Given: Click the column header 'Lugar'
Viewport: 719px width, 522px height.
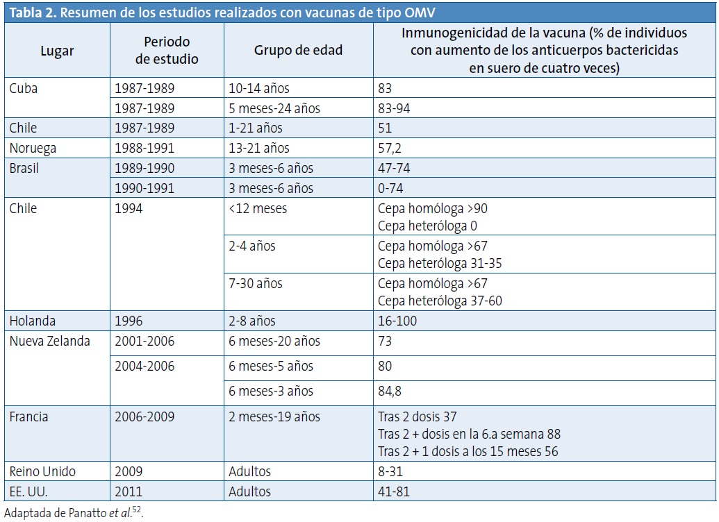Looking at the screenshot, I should point(57,51).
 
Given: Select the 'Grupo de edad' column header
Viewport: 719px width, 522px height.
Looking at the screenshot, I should point(298,51).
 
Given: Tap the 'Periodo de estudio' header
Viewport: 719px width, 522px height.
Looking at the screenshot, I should point(167,51).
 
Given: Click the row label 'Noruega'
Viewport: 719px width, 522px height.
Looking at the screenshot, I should point(33,148).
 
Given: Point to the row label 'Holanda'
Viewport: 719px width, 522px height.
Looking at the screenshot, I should point(33,321).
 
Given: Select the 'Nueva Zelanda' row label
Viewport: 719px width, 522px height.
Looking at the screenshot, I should point(50,341).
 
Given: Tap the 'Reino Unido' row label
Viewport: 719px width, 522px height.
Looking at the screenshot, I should point(43,471).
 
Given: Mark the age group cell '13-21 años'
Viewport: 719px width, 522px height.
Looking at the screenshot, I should point(259,148).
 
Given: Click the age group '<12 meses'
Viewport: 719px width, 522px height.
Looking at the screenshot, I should point(258,208).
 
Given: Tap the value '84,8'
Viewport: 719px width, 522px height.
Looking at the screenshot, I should point(390,391).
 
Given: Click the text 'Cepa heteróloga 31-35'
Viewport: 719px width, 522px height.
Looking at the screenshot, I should point(440,263).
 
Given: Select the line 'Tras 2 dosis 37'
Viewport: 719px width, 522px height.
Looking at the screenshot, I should point(418,416).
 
